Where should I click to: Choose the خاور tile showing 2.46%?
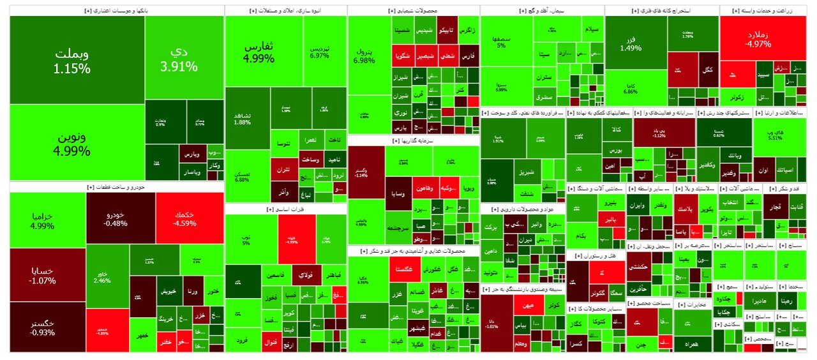107,276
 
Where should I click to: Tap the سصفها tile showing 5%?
501,41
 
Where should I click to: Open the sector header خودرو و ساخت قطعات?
116,187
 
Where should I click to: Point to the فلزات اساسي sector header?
285,209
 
